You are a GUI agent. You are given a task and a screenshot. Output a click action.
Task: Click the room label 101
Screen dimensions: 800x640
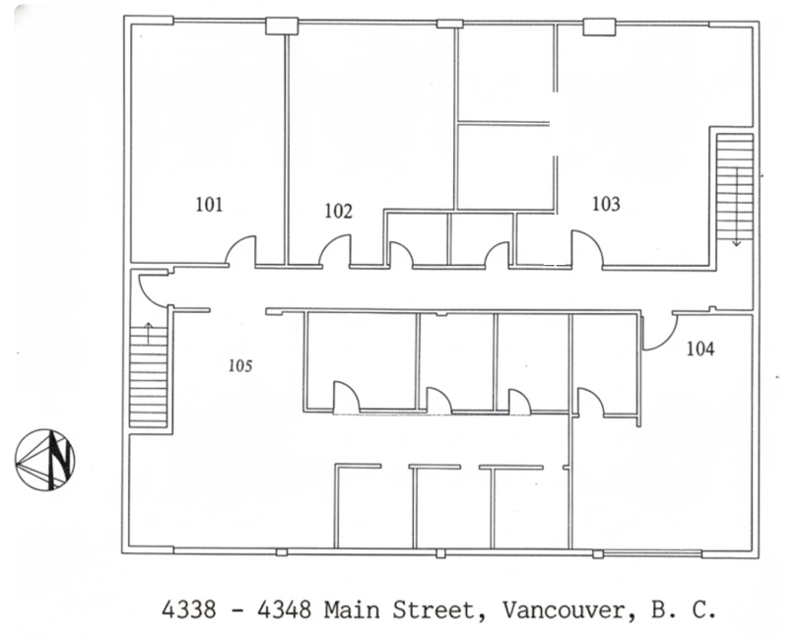[x=209, y=205]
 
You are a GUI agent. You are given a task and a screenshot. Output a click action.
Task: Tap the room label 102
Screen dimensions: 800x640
[x=338, y=211]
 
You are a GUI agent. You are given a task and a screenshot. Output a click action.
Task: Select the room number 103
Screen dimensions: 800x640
[x=606, y=204]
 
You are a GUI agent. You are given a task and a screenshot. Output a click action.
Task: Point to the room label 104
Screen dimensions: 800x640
[x=700, y=349]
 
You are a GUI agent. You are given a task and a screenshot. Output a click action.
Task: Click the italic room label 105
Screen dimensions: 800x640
[x=240, y=365]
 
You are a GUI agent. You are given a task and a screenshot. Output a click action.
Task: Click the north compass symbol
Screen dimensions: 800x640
[x=45, y=460]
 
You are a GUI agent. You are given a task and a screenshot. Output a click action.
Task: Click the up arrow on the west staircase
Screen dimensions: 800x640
[x=149, y=333]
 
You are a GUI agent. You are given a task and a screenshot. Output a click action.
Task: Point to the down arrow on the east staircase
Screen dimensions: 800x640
[x=736, y=207]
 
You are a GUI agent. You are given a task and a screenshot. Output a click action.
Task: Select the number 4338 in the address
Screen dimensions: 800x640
[x=189, y=609]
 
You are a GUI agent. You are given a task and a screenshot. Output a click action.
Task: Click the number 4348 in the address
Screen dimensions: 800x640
[x=284, y=609]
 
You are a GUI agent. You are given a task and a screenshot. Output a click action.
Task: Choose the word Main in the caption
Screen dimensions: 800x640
[x=352, y=609]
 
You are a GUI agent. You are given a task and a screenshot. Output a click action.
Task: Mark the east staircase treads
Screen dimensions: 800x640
[x=735, y=186]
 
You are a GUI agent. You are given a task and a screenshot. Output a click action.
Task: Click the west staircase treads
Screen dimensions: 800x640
[x=149, y=376]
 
